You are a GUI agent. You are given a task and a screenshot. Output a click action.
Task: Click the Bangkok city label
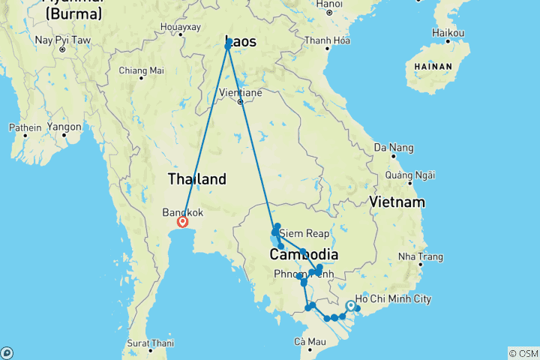pos(182,212)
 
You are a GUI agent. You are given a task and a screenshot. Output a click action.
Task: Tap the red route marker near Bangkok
pos(182,222)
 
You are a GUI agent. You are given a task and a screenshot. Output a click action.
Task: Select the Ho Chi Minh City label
pos(394,299)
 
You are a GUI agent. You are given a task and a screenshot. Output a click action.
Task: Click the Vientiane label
pos(240,92)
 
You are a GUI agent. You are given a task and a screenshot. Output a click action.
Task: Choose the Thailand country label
pos(196,179)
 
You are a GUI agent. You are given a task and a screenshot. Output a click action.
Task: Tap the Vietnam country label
pos(397,202)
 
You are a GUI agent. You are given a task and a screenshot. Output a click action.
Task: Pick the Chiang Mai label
pos(141,70)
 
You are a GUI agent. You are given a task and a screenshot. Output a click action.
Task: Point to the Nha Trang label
pos(421,256)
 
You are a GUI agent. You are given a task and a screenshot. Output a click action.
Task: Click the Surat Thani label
pos(151,343)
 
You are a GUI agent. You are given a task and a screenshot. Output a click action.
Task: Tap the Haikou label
pos(448,33)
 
